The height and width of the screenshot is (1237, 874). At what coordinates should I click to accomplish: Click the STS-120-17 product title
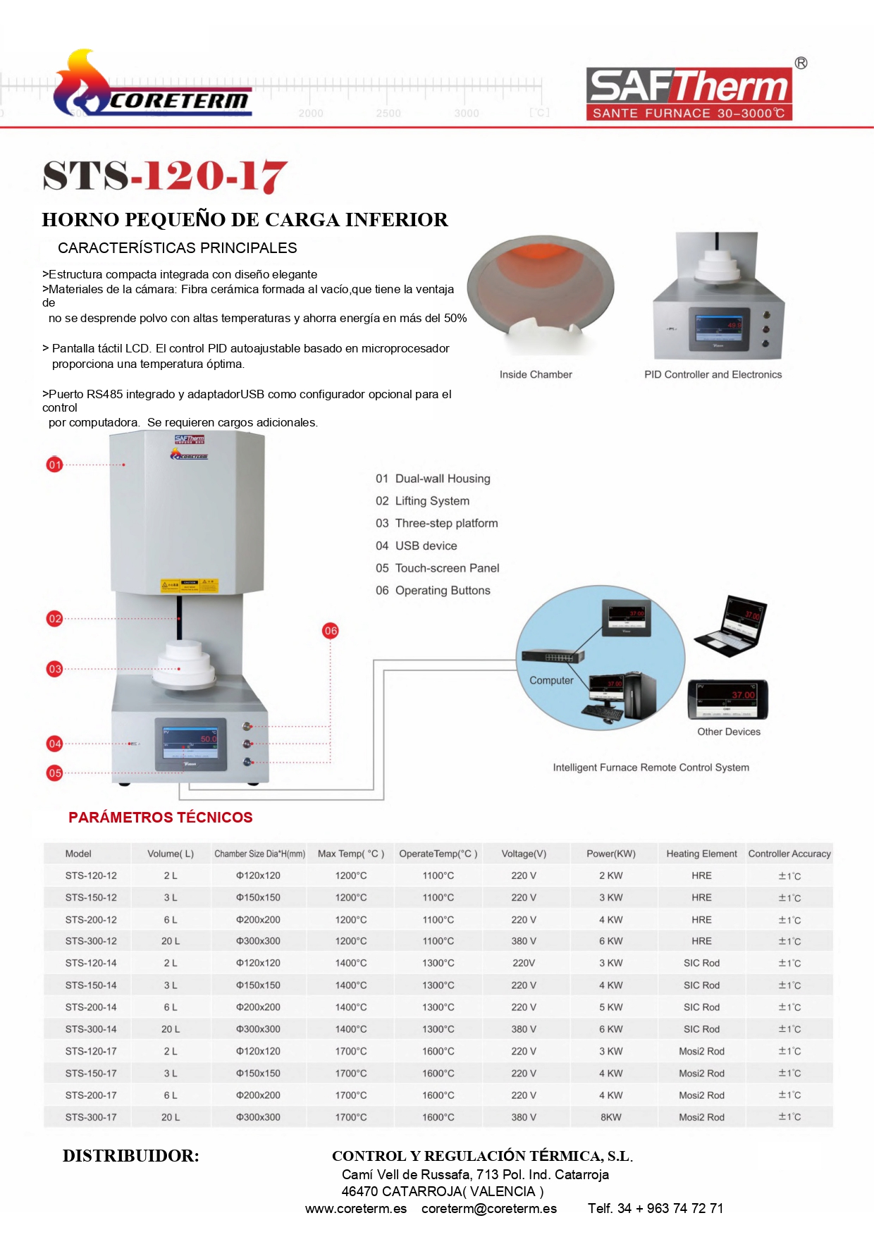click(x=165, y=176)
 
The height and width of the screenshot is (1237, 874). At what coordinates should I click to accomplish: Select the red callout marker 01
click(x=54, y=464)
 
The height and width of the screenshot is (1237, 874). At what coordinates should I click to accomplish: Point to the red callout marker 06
click(x=331, y=631)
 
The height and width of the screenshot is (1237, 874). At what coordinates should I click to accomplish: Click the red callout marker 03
click(x=54, y=669)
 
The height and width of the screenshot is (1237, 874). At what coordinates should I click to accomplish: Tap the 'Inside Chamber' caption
click(x=536, y=374)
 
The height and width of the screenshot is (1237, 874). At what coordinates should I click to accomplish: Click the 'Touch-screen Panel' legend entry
click(x=447, y=568)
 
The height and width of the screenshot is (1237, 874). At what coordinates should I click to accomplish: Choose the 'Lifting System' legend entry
click(x=432, y=501)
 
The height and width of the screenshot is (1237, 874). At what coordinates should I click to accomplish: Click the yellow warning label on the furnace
click(x=190, y=586)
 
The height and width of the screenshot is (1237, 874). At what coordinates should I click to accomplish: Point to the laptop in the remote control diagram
click(x=732, y=627)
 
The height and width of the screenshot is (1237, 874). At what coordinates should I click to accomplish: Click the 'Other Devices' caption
click(x=729, y=732)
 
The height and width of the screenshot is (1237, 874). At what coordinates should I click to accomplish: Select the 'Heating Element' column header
click(x=701, y=854)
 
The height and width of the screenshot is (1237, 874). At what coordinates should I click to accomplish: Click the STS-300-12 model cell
click(x=91, y=941)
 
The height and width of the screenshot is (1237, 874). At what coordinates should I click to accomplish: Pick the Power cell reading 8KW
click(x=610, y=1117)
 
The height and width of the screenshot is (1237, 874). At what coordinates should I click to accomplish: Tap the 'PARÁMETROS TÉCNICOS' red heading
click(x=160, y=818)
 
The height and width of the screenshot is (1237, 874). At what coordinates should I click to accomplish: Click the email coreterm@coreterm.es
click(x=489, y=1209)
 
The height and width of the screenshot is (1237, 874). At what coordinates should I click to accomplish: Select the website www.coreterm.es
click(x=356, y=1209)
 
